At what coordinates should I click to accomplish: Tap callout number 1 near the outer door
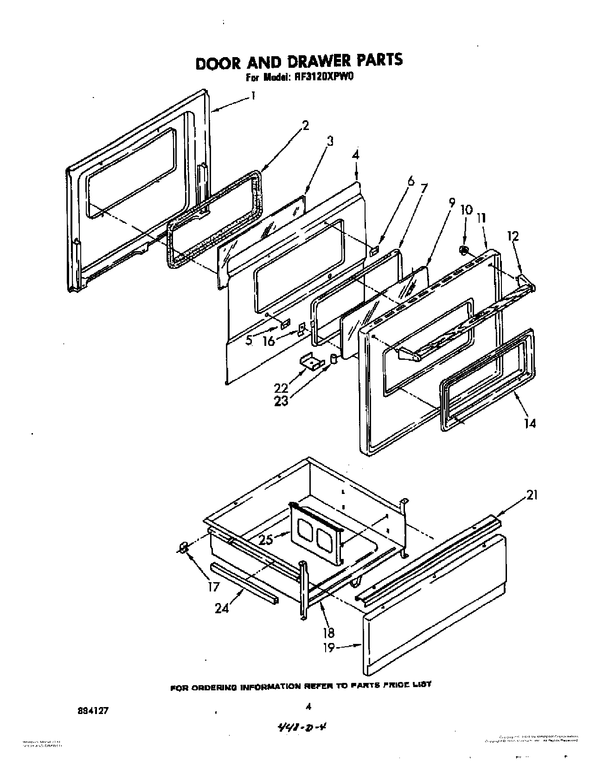pos(253,96)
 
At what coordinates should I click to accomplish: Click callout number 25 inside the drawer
pos(266,540)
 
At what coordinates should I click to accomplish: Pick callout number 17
pos(213,587)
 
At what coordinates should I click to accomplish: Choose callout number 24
pos(222,608)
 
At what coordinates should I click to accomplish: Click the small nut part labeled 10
pos(462,250)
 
